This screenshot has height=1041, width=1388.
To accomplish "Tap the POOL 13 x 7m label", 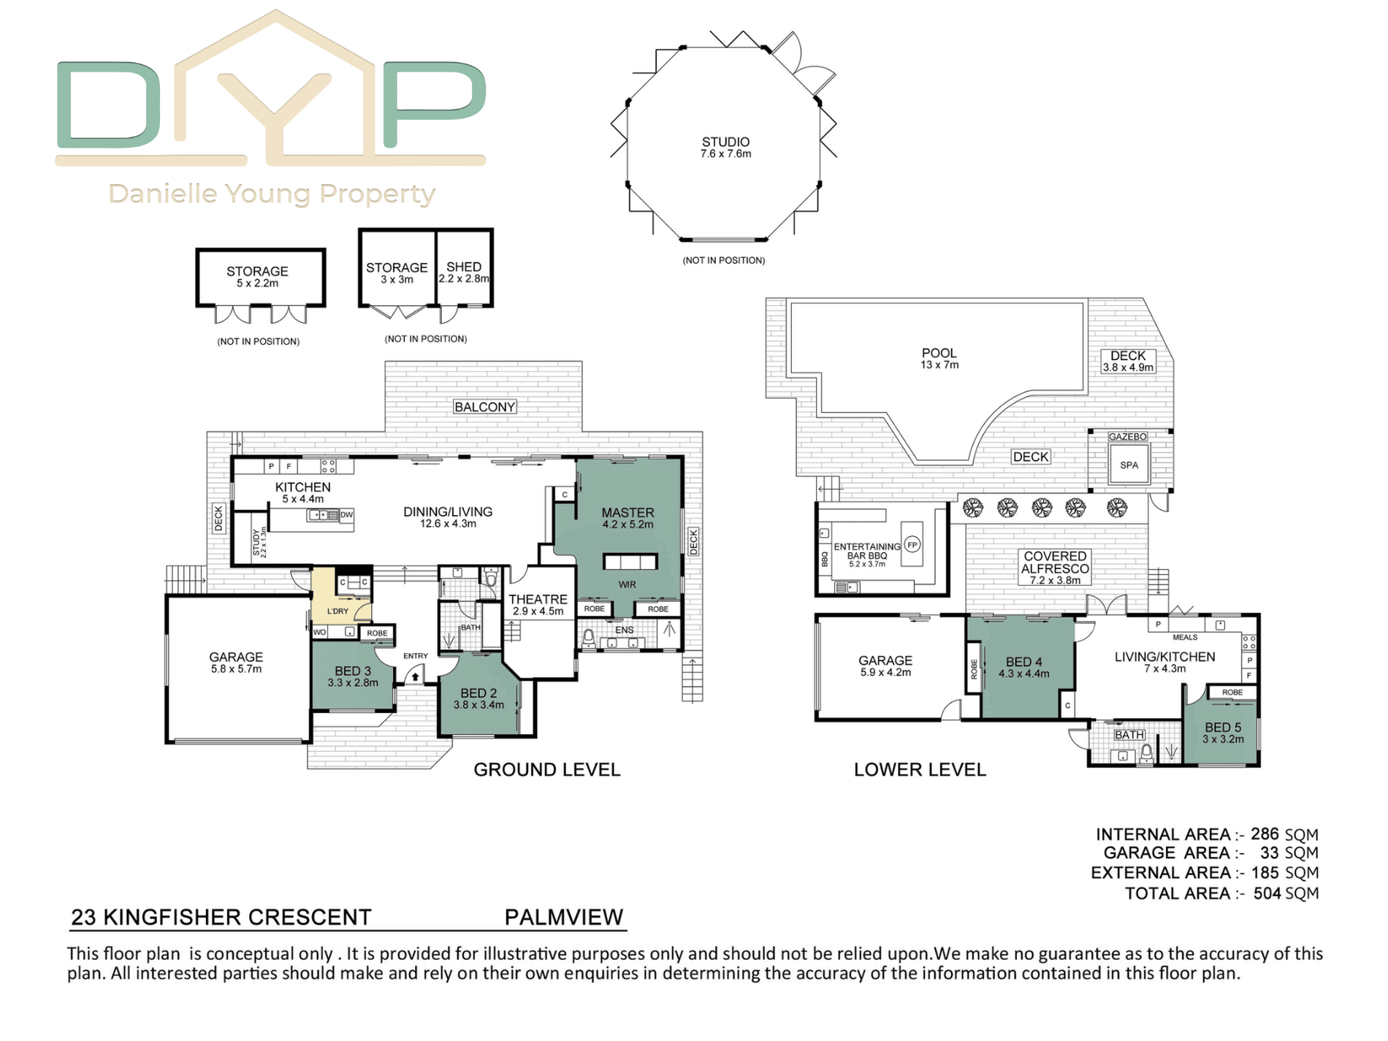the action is point(939,359).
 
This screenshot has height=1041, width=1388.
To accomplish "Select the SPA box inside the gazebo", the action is point(1129,465).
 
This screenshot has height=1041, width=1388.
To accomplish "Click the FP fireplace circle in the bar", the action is point(912,544).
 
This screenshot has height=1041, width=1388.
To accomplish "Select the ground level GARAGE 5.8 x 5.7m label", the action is point(236,663).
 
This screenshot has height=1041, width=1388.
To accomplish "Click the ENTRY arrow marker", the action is point(415,676).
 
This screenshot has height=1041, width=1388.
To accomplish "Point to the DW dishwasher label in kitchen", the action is point(346,515).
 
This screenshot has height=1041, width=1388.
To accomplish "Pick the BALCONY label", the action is point(485,407).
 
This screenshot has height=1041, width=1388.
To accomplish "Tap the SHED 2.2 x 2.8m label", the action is point(464,272).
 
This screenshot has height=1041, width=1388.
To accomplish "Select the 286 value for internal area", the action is point(1265,834).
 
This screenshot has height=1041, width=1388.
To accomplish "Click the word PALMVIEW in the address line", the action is point(563,917).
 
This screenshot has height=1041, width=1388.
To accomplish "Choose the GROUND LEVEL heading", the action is point(547,769).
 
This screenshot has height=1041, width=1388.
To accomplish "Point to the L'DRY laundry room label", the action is point(338,611).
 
